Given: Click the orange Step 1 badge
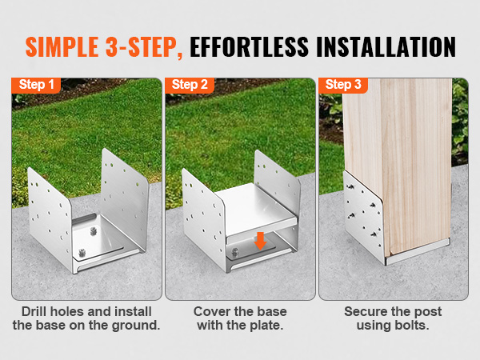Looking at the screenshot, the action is coord(36,85).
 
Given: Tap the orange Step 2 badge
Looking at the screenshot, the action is coord(190,85).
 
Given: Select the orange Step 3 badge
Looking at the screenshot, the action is coord(343,85).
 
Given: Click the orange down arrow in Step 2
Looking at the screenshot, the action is coord(260,241).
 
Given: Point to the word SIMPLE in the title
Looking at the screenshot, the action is coord(62,47).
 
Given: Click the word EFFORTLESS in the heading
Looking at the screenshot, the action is coord(249,47).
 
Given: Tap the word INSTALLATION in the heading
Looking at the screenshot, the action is coord(386,47).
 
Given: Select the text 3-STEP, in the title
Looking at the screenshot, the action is coord(144,47).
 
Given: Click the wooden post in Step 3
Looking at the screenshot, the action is coord(398,166).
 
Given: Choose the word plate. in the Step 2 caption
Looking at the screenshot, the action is coord(266,326).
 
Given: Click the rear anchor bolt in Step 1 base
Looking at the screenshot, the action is coord(94,230).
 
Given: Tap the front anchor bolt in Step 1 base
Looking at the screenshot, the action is coord(82,253).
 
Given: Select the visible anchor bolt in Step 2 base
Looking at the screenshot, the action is coord(234,252).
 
